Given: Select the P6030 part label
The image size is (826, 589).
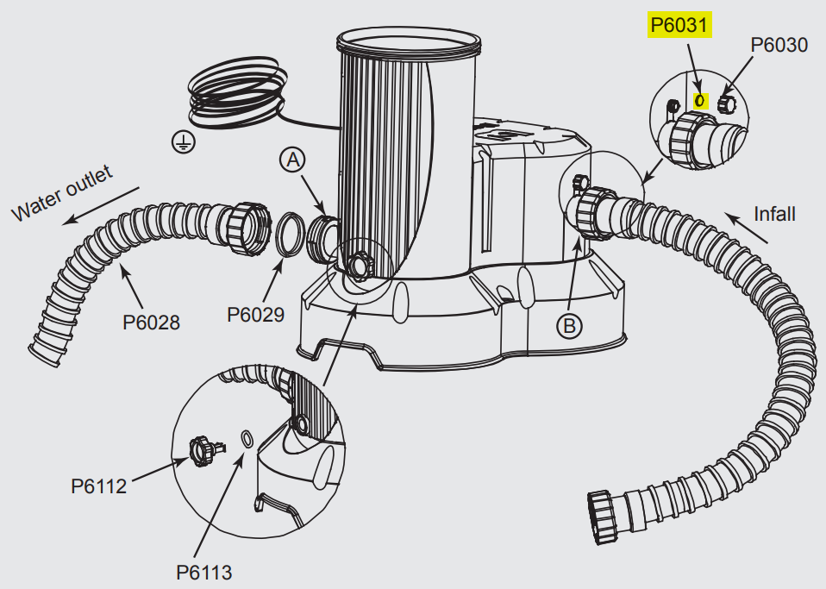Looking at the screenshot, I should tap(779, 45).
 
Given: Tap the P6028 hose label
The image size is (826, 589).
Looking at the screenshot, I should tap(151, 323).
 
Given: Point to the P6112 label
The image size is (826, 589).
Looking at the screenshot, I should tap(98, 486).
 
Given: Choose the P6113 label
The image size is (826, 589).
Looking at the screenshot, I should tap(203, 571).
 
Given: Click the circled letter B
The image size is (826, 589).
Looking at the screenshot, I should tap(569, 325).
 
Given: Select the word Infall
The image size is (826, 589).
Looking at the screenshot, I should tap(774, 213).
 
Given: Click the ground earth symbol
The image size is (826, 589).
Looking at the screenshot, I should tap(183, 143).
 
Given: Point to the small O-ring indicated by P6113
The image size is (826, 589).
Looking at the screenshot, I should tap(247, 439).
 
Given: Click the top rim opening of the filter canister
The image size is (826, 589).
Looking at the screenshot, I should tap(406, 39).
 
